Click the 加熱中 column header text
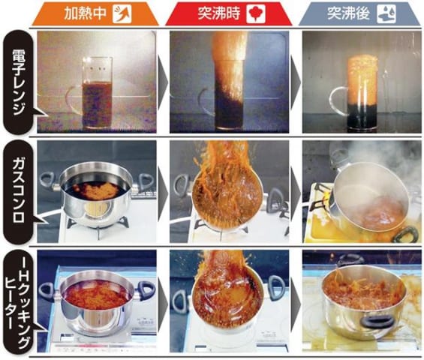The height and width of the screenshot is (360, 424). [x=86, y=13]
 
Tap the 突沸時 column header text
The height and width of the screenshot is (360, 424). [x=219, y=13]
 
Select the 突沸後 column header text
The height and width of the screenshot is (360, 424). [x=349, y=13]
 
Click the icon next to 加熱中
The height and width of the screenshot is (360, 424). [x=122, y=13]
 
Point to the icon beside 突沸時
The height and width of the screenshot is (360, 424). [x=256, y=13]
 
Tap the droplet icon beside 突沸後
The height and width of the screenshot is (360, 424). [x=386, y=13]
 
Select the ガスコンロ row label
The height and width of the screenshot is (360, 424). [x=19, y=190]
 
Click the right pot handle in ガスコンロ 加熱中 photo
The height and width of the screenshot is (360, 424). [x=146, y=181]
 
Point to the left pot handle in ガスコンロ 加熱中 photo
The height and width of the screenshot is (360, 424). [x=49, y=181]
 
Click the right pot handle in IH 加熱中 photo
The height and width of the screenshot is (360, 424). [x=147, y=290]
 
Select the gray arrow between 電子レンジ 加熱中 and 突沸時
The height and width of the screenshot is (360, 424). [x=163, y=82]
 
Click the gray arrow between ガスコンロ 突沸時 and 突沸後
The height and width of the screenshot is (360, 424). [x=296, y=193]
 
